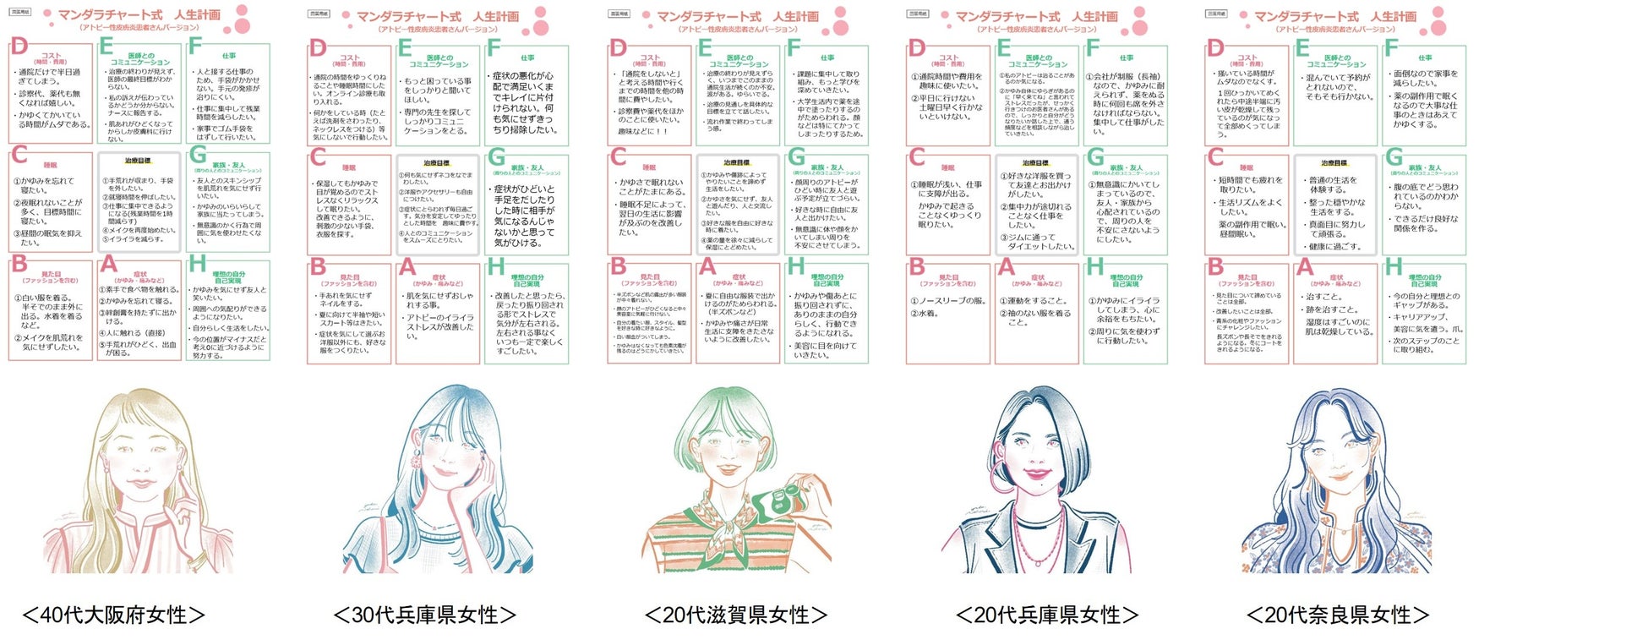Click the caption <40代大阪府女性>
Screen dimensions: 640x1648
114,615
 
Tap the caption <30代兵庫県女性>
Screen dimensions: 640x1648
425,615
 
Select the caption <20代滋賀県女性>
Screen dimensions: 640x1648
736,615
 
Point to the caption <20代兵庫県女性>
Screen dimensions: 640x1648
1047,615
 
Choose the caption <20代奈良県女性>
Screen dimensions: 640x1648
1339,615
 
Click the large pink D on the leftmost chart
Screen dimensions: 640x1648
19,46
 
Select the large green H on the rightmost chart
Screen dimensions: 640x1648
1393,267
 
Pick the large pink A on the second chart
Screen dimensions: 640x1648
407,267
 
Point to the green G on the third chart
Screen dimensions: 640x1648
796,157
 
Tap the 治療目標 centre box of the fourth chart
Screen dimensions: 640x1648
1036,203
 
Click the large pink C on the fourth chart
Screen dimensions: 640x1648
916,157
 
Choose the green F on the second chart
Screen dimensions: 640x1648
494,47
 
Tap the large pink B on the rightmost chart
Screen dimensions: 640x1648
1215,267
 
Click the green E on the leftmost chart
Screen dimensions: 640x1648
107,47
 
